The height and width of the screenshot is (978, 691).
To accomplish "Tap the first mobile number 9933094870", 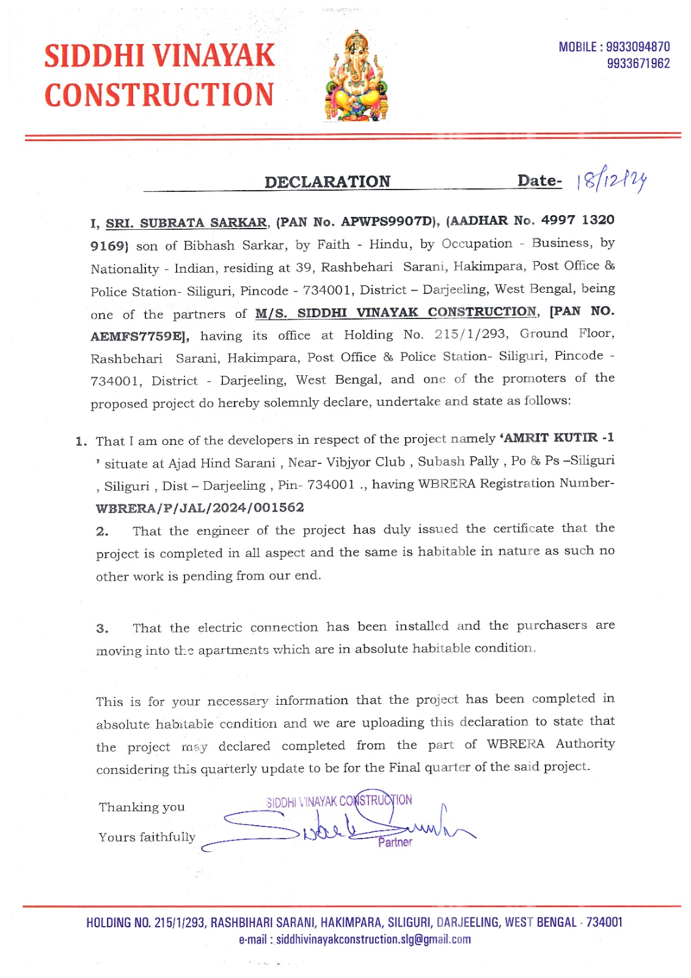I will coord(638,47).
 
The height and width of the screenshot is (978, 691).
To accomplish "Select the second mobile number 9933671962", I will coord(638,64).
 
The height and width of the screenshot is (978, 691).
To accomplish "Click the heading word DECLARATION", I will coord(327,182).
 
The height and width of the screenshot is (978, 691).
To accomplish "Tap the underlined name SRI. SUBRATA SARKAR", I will coord(186,223).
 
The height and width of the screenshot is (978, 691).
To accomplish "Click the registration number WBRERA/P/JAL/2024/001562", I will coord(200,508).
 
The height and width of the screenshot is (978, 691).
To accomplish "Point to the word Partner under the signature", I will coord(395,842).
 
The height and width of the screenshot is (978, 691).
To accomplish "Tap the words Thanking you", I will coord(142,807).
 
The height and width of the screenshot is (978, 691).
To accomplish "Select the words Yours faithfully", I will coord(147,837).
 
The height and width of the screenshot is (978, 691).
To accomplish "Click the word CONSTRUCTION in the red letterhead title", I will coord(159,95).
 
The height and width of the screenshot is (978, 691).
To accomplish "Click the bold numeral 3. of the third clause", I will coord(102,628).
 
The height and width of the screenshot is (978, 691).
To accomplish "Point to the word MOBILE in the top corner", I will coord(577,47).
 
